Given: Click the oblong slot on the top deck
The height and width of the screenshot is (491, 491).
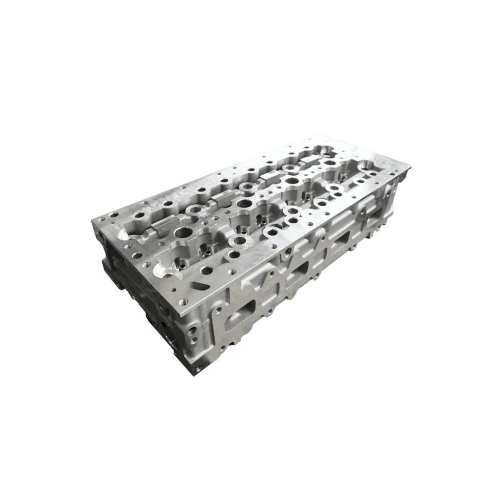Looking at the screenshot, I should point(197,284).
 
